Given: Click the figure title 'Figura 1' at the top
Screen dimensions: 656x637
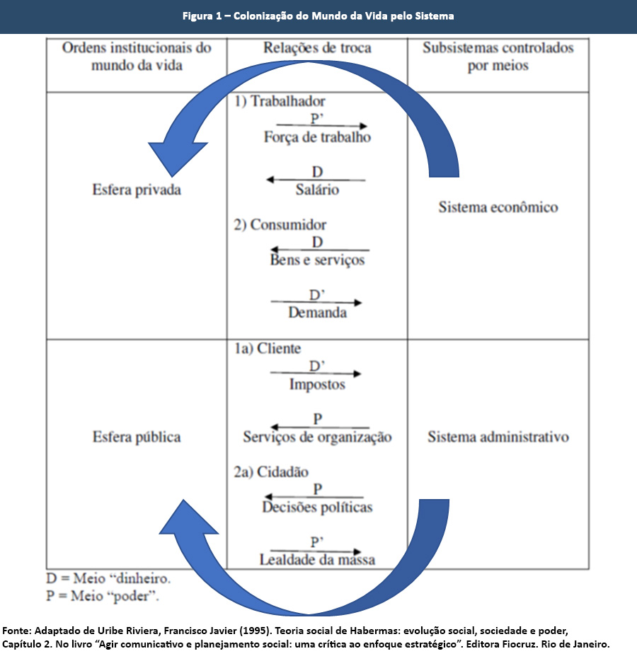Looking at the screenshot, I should tap(318, 16).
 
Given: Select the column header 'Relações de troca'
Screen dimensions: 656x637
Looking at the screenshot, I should tap(317, 49).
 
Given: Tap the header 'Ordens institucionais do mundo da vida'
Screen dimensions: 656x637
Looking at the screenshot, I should tap(137, 57).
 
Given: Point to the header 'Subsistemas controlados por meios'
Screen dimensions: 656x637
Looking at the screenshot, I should tap(498, 57).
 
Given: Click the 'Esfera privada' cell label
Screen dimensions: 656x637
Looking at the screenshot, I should tap(137, 189).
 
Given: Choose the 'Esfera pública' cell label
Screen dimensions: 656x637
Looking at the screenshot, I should tap(137, 437).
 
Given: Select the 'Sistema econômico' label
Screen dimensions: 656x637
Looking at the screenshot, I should tap(498, 207).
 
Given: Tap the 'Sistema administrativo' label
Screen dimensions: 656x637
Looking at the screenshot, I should tap(498, 437).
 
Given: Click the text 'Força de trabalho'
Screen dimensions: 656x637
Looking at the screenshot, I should tap(317, 137).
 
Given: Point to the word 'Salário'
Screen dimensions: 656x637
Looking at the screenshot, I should tap(317, 189).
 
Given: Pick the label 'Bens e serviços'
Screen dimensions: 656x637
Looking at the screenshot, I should tap(317, 259).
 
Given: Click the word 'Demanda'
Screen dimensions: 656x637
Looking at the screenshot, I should tap(317, 312).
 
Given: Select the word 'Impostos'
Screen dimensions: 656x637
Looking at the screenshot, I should tap(317, 385).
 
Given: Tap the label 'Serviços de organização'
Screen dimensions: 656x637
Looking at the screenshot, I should tap(317, 437).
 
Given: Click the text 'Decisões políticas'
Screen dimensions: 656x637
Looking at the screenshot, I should tap(317, 507).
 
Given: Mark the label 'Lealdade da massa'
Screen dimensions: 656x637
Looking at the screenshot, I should tap(317, 560).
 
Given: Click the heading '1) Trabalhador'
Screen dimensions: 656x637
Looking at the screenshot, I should tap(280, 102).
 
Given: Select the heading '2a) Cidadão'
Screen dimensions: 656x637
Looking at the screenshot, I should tap(272, 472).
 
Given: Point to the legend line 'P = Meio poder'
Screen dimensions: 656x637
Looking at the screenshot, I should tap(103, 595).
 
